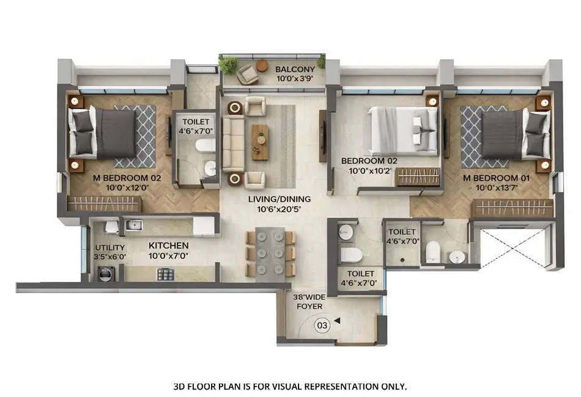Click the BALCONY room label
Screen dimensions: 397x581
(x=295, y=69)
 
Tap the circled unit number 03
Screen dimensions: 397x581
(x=322, y=326)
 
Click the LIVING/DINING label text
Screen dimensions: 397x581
(x=279, y=199)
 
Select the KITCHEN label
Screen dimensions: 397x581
(x=168, y=246)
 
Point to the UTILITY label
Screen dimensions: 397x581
(x=109, y=247)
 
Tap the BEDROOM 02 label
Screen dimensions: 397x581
(x=369, y=161)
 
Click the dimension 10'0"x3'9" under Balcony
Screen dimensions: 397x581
(x=295, y=79)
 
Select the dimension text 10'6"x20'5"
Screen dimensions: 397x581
(x=279, y=209)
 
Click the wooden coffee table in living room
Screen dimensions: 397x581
(x=260, y=142)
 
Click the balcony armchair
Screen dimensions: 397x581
(x=248, y=75)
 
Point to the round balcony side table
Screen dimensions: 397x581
(x=262, y=65)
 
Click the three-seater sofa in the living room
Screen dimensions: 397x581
(x=233, y=143)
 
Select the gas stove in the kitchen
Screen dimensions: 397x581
(x=166, y=274)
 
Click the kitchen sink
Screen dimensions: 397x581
(x=134, y=225)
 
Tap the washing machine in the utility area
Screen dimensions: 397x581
(x=105, y=274)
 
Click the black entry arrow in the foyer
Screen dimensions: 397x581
(x=336, y=319)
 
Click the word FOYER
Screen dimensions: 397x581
(x=309, y=307)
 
